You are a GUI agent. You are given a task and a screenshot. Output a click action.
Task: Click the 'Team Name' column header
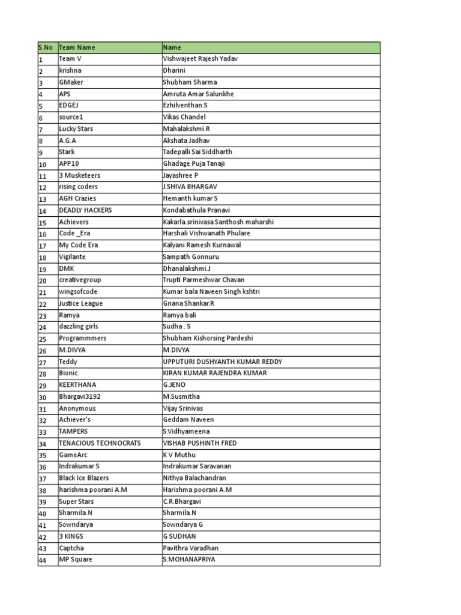tap(77, 47)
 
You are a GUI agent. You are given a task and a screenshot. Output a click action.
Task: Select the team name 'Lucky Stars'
tap(76, 129)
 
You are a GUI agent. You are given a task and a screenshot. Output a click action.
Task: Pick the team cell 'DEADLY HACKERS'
tap(85, 210)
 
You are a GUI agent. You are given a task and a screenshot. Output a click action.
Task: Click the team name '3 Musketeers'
tap(79, 175)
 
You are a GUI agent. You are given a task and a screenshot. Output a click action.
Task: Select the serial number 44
tap(43, 560)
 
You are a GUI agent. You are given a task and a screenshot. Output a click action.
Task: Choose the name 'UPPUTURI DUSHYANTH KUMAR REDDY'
tap(222, 362)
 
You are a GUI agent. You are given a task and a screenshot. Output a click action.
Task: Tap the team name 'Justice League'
tap(80, 303)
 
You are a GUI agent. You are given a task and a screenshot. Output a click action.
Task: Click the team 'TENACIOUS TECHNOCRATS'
tap(100, 443)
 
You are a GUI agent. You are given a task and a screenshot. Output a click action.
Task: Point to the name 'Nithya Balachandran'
tap(194, 478)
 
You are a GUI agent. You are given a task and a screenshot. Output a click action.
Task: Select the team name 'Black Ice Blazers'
tap(84, 478)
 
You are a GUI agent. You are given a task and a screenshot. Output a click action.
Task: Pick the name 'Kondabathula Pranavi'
tap(196, 210)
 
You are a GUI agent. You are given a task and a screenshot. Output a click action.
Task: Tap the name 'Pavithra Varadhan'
tap(190, 548)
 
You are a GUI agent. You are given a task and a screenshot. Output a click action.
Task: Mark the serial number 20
tap(43, 280)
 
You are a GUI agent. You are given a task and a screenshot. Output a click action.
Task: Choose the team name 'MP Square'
tap(76, 560)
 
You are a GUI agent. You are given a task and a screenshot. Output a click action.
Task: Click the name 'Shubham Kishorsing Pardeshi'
tap(208, 338)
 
